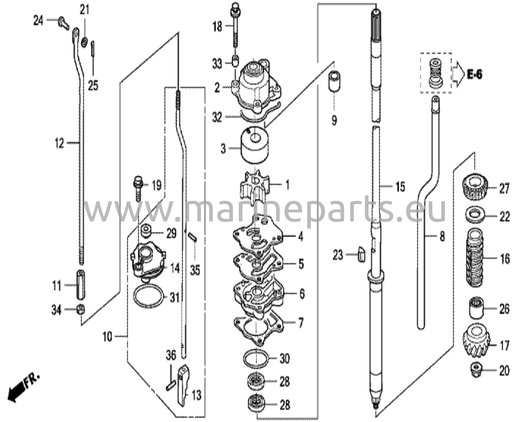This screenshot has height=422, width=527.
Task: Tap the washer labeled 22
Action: point(475,215)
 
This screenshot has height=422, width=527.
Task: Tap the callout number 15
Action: point(400,187)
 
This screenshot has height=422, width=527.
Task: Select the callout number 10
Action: point(108,337)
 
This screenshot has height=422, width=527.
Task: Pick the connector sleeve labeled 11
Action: point(81,285)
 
